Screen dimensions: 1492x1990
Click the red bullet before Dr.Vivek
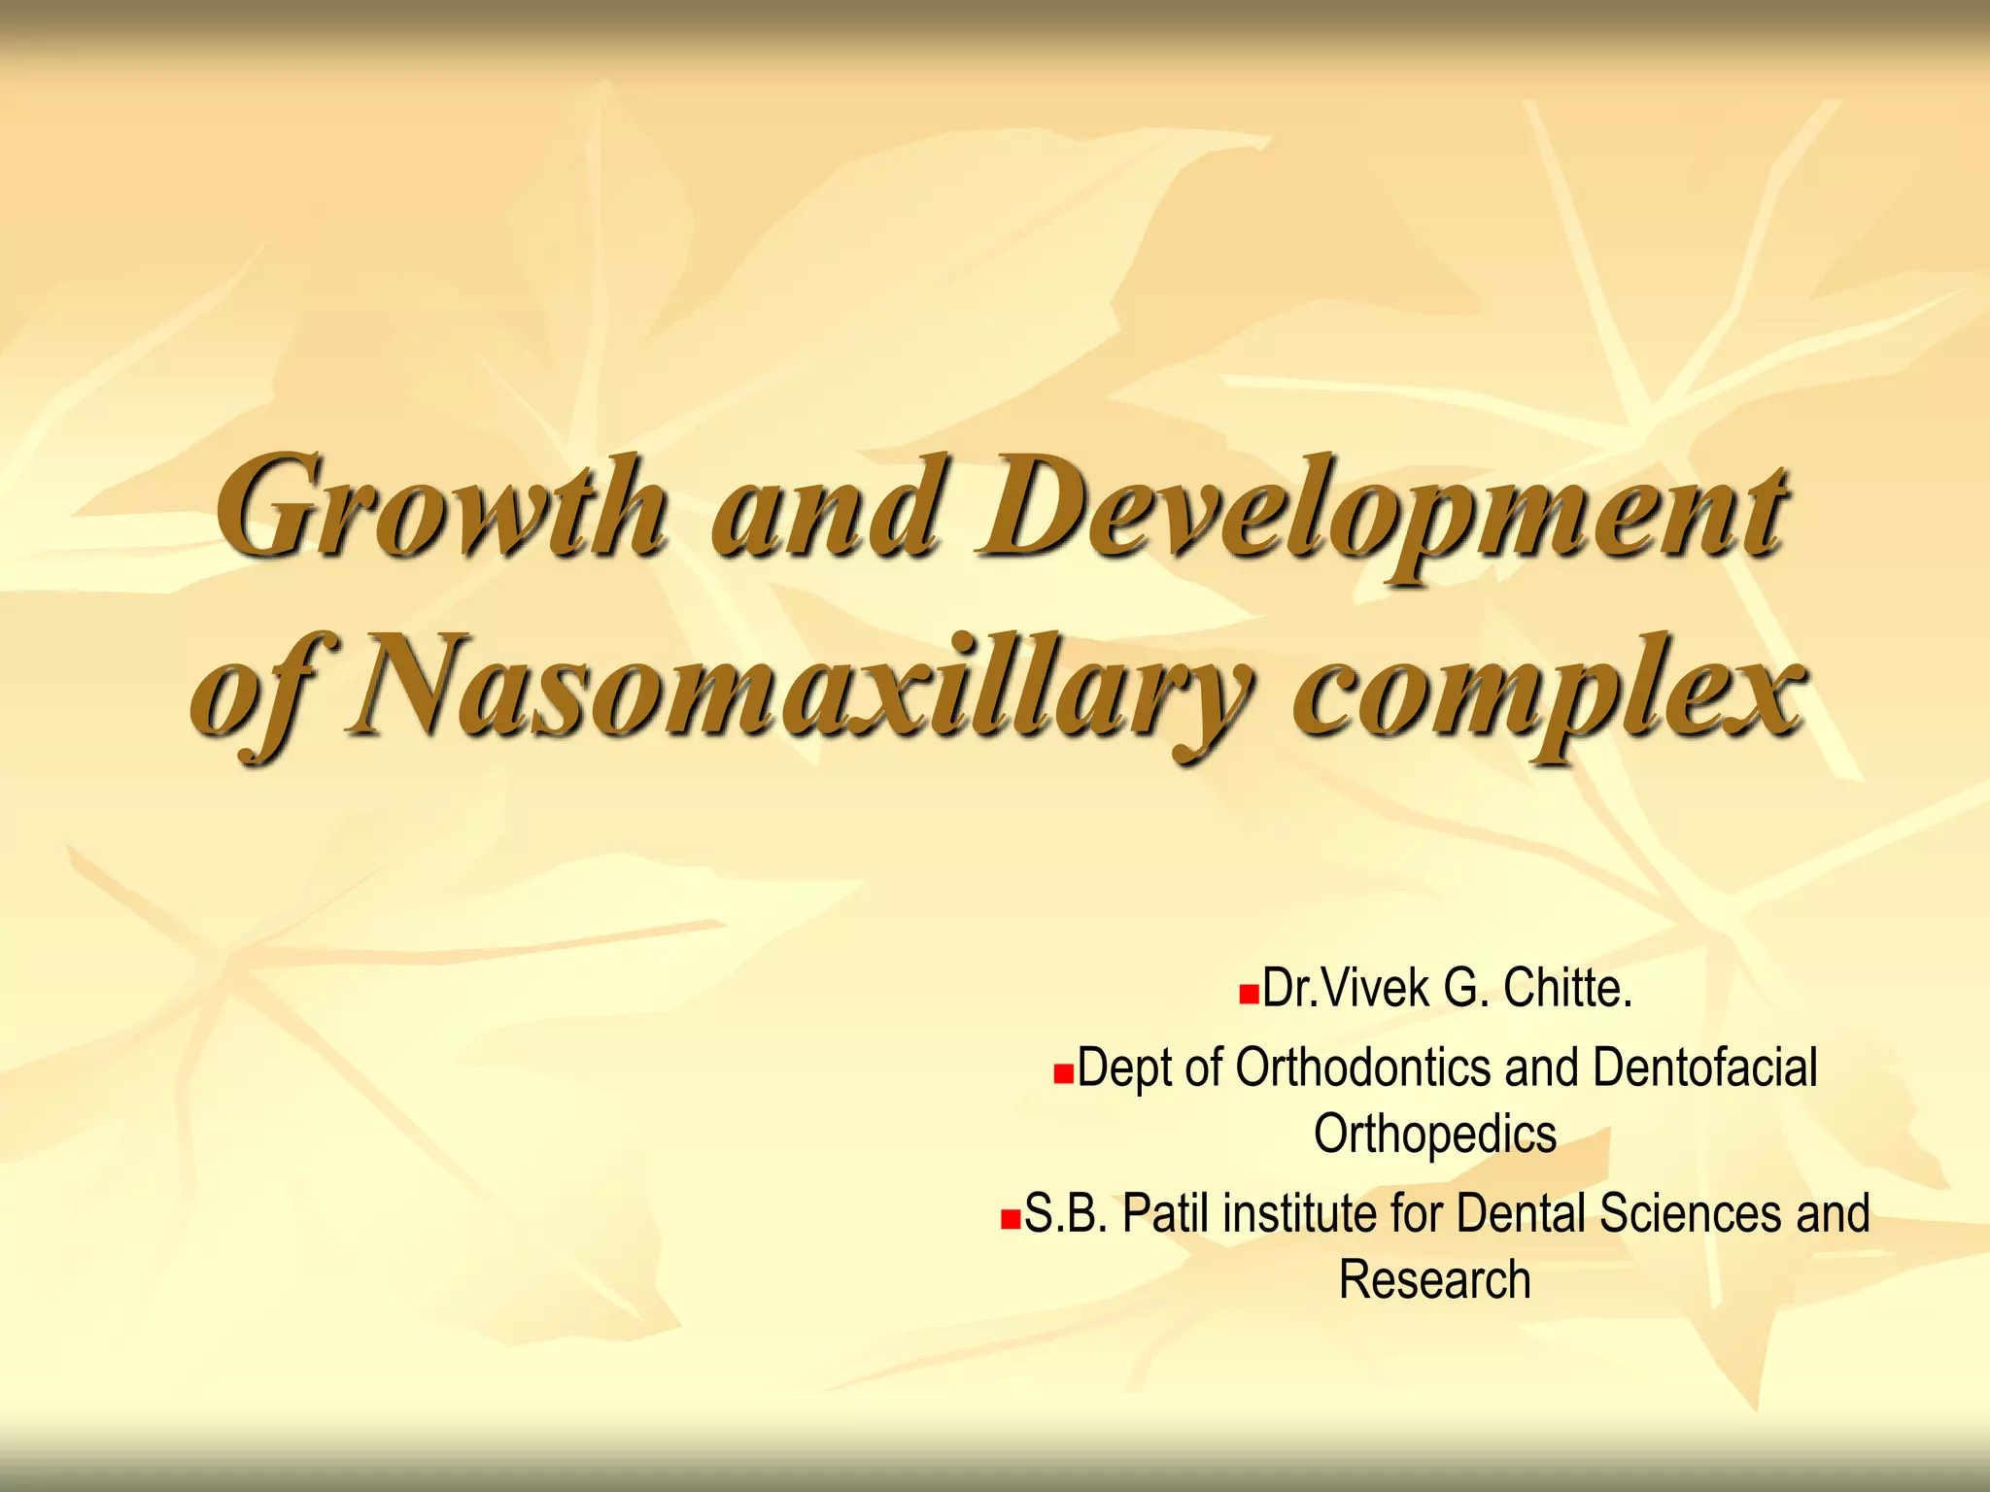(x=1249, y=995)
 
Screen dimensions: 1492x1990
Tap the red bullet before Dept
(x=1064, y=1074)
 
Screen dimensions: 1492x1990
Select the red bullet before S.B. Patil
(x=1011, y=1219)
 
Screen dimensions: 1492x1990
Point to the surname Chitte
(x=1566, y=989)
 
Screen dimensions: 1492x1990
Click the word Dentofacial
(x=1704, y=1068)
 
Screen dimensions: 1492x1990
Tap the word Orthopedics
(x=1434, y=1135)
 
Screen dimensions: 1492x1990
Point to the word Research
(x=1434, y=1279)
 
